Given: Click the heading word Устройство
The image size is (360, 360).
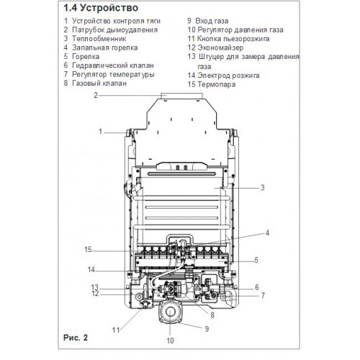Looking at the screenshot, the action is click(109, 8).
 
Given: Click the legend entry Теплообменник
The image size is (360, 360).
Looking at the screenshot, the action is click(99, 39).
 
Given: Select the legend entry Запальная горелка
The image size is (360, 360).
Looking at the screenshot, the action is click(105, 48).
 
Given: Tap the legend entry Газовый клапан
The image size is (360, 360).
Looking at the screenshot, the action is click(99, 84).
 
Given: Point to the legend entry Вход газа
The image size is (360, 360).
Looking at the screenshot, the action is click(212, 21).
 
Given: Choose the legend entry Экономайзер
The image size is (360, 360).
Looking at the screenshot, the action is click(220, 48).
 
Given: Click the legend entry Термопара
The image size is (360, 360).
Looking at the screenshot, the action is click(217, 84).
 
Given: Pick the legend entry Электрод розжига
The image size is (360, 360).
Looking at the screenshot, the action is click(228, 76).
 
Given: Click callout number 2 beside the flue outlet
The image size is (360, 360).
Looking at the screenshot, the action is click(96, 95).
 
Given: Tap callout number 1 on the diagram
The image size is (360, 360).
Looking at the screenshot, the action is click(101, 132).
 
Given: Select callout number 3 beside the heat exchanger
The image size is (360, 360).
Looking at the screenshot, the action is click(263, 187).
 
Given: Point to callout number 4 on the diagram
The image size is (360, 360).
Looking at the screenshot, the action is click(267, 233).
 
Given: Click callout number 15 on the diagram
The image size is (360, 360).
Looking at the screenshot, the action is click(88, 249).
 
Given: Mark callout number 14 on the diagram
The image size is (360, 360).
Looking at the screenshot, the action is click(91, 269).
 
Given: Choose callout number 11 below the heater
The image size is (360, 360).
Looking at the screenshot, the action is click(116, 330).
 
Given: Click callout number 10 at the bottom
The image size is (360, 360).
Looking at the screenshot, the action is click(170, 341).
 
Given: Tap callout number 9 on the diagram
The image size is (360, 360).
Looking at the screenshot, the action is click(207, 329).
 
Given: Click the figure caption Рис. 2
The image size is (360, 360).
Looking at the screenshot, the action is click(76, 338).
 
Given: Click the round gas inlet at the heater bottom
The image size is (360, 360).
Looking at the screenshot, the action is click(169, 312).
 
